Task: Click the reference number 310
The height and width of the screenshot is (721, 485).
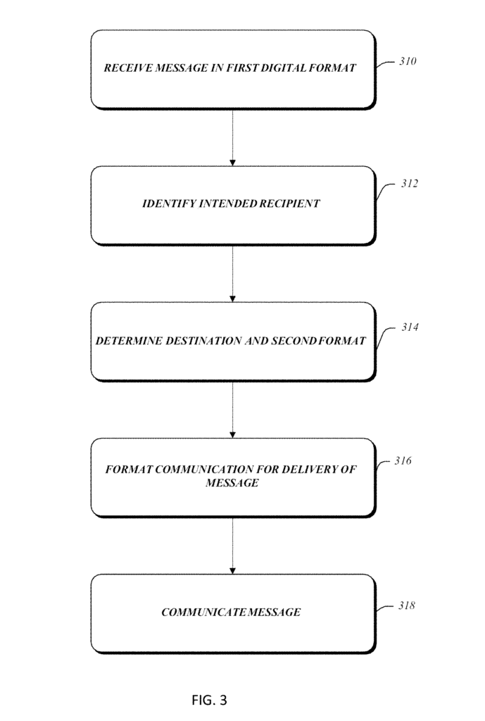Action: click(408, 61)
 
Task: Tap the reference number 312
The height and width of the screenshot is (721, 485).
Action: click(410, 184)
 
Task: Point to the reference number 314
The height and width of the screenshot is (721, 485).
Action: click(410, 327)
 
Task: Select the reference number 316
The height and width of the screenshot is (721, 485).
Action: click(403, 460)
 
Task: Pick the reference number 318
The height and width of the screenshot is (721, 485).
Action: click(407, 606)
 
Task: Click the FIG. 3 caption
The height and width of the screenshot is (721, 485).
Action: click(209, 701)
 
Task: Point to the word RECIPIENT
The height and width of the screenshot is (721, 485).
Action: click(289, 203)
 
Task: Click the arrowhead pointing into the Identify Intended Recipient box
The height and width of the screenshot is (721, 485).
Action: click(232, 163)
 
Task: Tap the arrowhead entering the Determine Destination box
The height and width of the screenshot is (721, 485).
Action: click(232, 299)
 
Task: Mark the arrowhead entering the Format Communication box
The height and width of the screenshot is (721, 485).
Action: click(232, 435)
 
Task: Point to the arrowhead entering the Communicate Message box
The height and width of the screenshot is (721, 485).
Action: click(232, 571)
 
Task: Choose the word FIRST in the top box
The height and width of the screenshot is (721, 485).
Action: click(243, 68)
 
